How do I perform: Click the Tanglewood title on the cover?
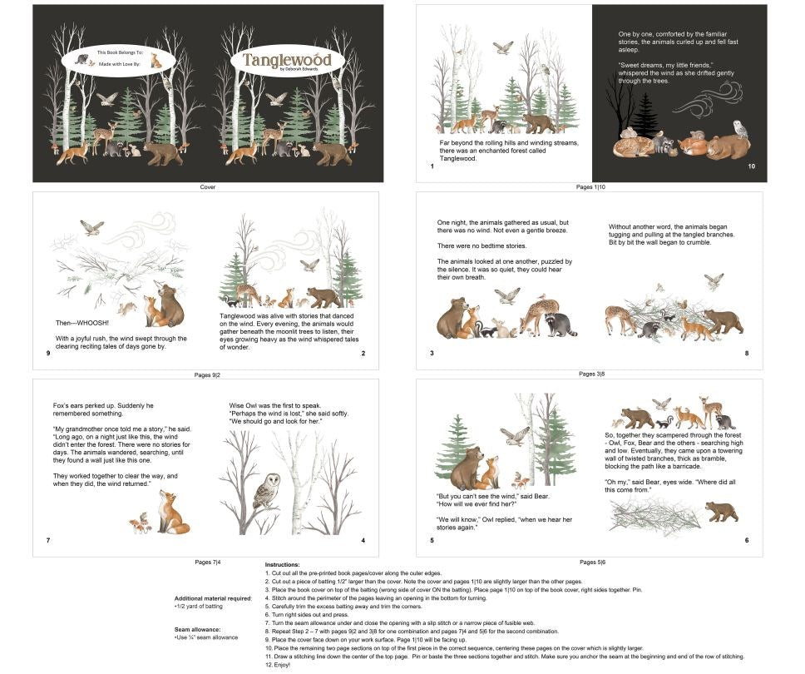click(287, 60)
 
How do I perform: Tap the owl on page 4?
click(266, 493)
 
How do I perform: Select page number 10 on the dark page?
click(751, 166)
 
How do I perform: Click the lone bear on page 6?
click(721, 512)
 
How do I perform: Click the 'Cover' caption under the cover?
click(208, 187)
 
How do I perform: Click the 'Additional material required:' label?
click(213, 598)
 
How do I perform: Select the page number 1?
click(432, 166)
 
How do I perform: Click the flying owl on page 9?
click(91, 226)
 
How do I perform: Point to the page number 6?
click(746, 541)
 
